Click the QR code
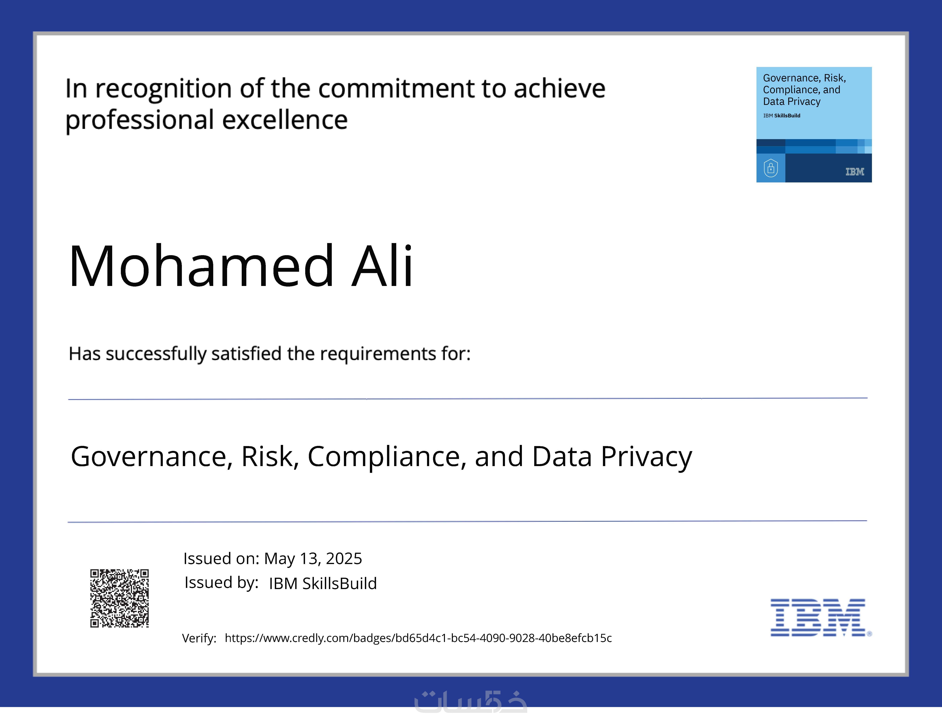120,598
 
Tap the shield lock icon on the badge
771,168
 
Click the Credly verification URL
418,638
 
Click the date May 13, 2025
313,558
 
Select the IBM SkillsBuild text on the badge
782,116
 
